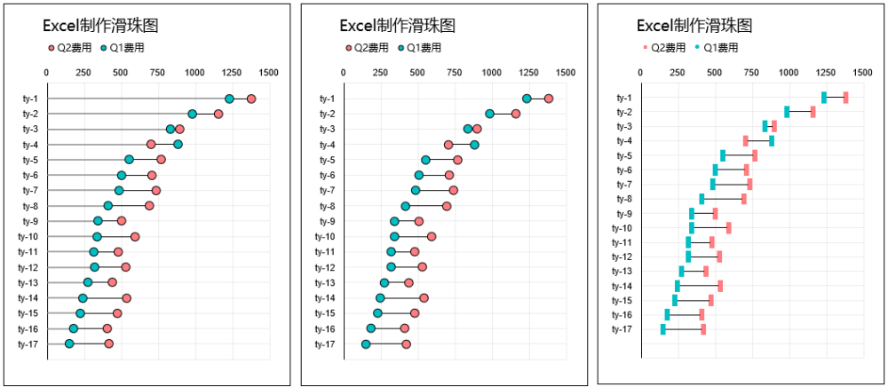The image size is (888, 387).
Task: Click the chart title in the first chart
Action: pos(101,28)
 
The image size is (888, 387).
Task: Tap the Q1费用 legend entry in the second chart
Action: pos(420,48)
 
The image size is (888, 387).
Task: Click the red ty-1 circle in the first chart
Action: pos(251,99)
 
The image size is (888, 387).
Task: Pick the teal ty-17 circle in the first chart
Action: pos(69,344)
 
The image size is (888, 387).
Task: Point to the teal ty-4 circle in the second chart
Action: pos(474,145)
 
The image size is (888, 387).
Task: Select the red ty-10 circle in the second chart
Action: pos(432,236)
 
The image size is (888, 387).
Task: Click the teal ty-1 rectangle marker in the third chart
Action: pos(824,98)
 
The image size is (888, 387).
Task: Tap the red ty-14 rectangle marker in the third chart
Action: pos(720,286)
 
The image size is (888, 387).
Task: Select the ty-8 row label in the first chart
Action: pos(30,206)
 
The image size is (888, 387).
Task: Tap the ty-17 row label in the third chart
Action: pos(622,329)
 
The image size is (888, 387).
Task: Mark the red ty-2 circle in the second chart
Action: pos(516,114)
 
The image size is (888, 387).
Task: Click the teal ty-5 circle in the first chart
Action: pos(129,160)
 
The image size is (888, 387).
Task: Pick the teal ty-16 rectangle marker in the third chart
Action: pos(667,315)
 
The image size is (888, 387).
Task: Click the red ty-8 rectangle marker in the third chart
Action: pos(744,199)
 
